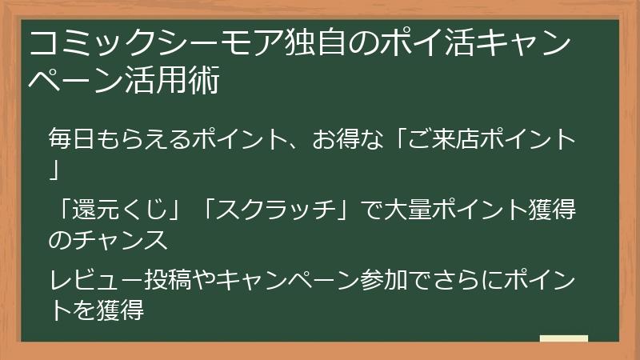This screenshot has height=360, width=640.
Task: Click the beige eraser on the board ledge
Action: click(564, 338)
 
